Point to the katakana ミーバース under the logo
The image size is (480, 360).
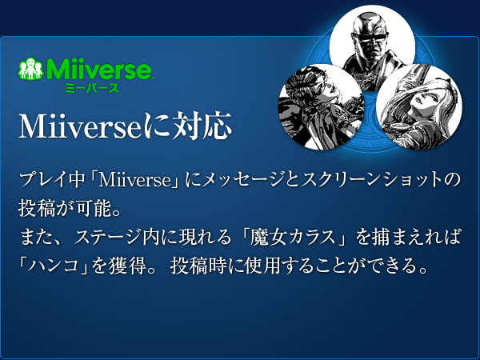[93, 87]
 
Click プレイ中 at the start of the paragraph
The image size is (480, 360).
[48, 179]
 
